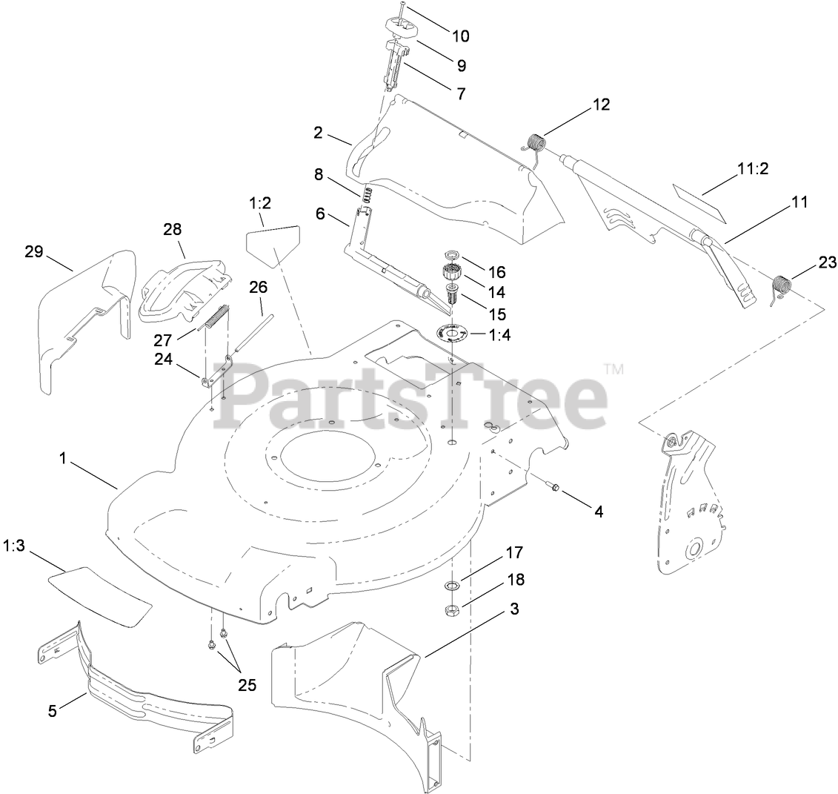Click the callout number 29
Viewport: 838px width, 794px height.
coord(34,252)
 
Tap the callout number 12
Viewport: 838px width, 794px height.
coord(601,105)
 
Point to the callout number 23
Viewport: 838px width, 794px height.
coord(827,262)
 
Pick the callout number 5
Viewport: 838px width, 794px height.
coord(52,710)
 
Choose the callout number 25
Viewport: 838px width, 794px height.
coord(247,685)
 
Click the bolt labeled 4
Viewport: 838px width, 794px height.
coord(553,487)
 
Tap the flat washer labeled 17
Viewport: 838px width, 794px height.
coord(453,586)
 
